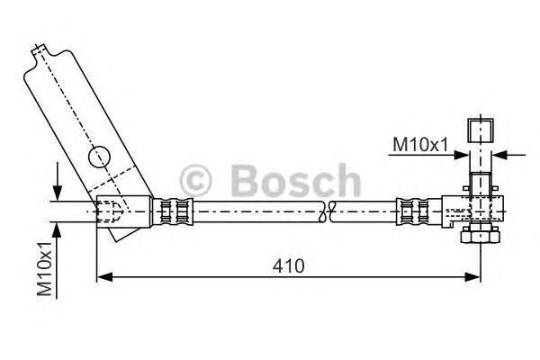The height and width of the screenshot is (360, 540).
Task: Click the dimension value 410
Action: pos(290,266)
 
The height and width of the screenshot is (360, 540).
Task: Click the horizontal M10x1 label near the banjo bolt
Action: pos(420,144)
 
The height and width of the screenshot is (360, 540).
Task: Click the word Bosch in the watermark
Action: pos(294,180)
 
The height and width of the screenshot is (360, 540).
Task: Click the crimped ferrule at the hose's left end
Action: pos(175,212)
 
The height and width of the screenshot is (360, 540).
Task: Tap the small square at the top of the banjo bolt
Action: pos(479,128)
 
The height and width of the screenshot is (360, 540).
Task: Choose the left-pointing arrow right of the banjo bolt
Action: pos(500,154)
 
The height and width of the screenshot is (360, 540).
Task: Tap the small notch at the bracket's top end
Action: pos(39,50)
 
